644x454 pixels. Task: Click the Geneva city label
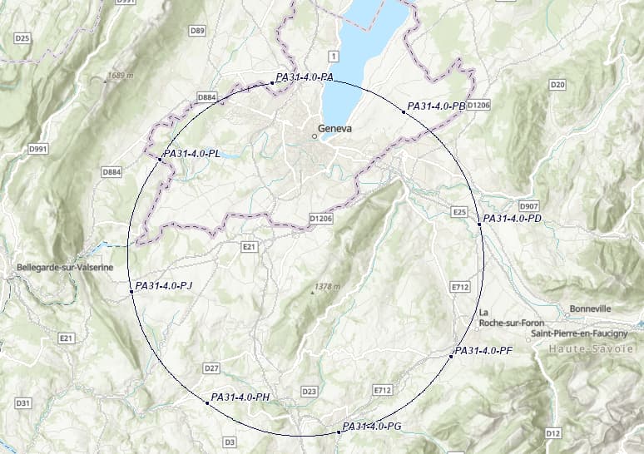click(x=335, y=130)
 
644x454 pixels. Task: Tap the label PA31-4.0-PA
click(x=305, y=77)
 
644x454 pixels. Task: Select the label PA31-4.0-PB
click(x=436, y=106)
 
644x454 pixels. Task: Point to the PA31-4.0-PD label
click(x=513, y=219)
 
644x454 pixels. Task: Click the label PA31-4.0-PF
click(x=483, y=351)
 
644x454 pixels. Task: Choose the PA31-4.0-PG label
click(x=373, y=427)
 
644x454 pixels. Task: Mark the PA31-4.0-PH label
click(x=241, y=397)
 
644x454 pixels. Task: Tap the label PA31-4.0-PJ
click(x=163, y=286)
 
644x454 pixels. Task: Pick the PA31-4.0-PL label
click(x=192, y=154)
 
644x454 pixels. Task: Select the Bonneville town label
click(x=590, y=308)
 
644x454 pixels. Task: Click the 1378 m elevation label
click(x=328, y=287)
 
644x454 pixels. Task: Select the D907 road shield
click(x=528, y=205)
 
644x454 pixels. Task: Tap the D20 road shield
click(x=557, y=85)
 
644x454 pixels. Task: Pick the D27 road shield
click(x=211, y=368)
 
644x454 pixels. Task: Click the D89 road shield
click(x=197, y=31)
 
